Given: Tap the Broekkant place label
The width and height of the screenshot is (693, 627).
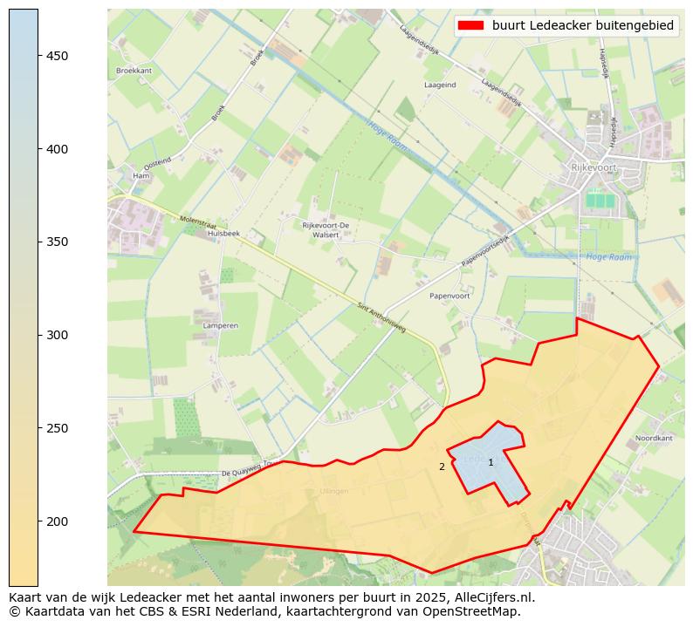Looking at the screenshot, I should tap(134, 71).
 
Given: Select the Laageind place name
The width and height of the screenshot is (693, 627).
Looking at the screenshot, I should tap(440, 85).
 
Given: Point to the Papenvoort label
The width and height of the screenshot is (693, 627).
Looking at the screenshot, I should tap(449, 296).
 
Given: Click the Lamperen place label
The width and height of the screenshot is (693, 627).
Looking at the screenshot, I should tap(220, 325).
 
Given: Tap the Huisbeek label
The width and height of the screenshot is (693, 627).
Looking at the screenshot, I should tap(224, 234).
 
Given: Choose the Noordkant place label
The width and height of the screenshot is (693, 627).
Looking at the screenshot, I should tap(654, 438).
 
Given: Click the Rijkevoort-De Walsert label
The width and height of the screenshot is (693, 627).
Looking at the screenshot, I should tap(326, 229).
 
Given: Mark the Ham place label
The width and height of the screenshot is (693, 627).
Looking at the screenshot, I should tap(141, 176).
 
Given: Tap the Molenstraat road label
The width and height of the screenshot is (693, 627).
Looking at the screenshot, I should tap(197, 224).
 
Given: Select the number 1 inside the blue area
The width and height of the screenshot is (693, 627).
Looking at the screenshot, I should tap(491, 462).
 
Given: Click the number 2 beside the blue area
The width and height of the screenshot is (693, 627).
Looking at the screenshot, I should tap(442, 467).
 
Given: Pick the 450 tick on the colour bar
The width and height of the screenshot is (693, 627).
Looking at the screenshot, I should tap(58, 56).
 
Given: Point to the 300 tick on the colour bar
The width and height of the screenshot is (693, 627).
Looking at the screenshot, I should tap(58, 335).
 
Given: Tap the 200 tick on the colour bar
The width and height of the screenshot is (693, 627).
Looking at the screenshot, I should tap(58, 521).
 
